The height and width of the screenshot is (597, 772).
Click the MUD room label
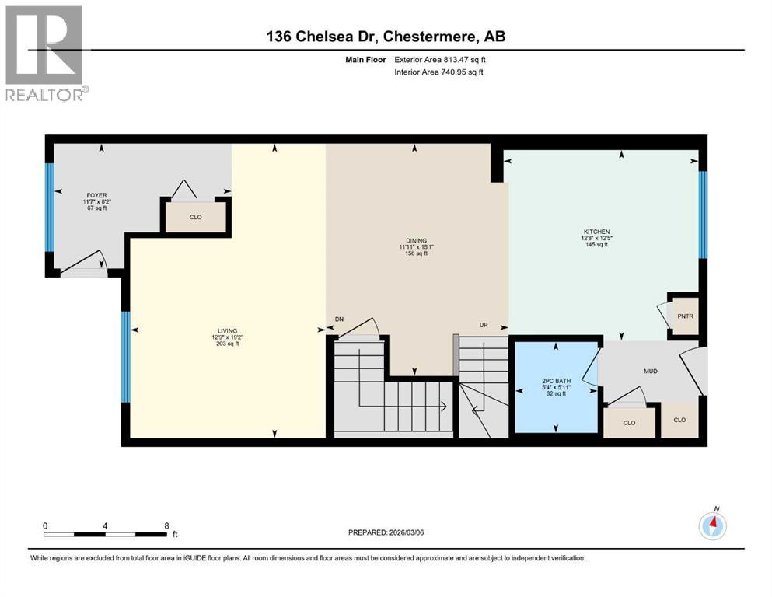651,372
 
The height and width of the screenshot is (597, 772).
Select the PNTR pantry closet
685,317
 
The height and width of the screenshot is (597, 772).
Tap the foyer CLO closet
196,217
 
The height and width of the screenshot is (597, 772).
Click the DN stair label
339,319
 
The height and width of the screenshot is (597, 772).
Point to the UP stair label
483,325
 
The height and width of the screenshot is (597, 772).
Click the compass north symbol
713,525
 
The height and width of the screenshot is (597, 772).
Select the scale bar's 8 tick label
166,525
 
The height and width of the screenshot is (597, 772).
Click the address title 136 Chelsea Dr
386,36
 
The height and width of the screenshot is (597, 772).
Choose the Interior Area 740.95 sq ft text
438,72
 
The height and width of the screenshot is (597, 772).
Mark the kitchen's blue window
703,214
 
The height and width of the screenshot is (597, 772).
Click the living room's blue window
124,357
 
